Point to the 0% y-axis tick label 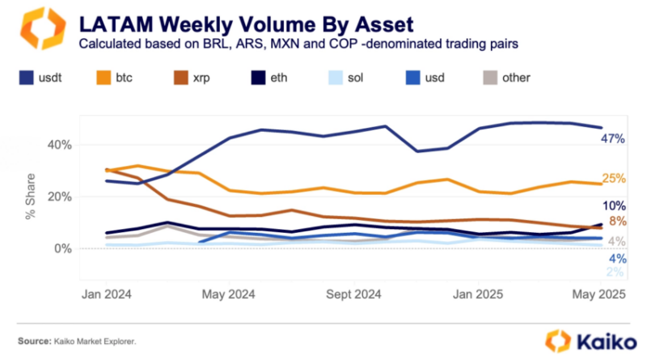pyautogui.click(x=61, y=248)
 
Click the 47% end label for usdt pyautogui.click(x=611, y=139)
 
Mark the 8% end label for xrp pyautogui.click(x=615, y=222)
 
